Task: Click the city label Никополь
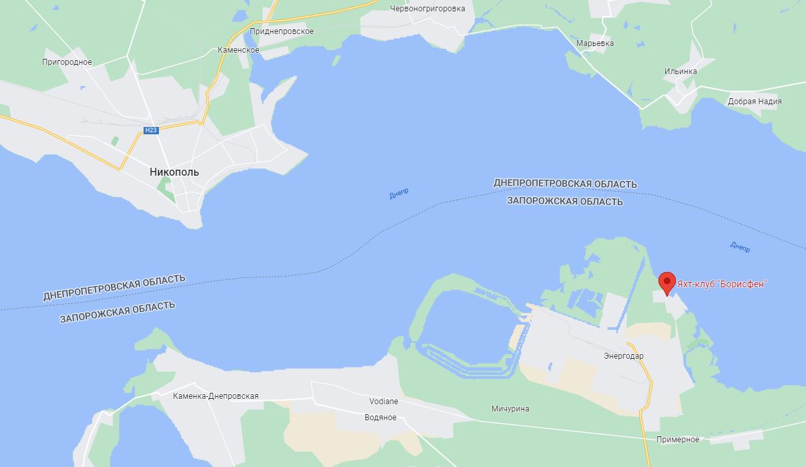(x=174, y=172)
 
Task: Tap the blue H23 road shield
(x=151, y=130)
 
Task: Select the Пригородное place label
(x=67, y=62)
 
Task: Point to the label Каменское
(x=238, y=50)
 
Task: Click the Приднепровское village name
(x=281, y=31)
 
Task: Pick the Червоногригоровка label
(x=427, y=9)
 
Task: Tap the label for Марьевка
(x=595, y=43)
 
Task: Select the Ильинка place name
(x=680, y=71)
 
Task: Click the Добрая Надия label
(x=755, y=102)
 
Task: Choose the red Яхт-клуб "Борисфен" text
(x=722, y=284)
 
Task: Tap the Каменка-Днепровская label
(x=216, y=396)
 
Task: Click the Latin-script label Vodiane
(x=384, y=402)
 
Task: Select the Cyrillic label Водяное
(x=381, y=418)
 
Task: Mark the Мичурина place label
(x=510, y=409)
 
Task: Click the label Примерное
(x=678, y=440)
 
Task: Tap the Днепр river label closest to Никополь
(x=399, y=194)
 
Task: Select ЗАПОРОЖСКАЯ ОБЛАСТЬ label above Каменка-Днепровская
(x=118, y=312)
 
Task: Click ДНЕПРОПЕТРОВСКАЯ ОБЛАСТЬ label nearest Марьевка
(x=565, y=183)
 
